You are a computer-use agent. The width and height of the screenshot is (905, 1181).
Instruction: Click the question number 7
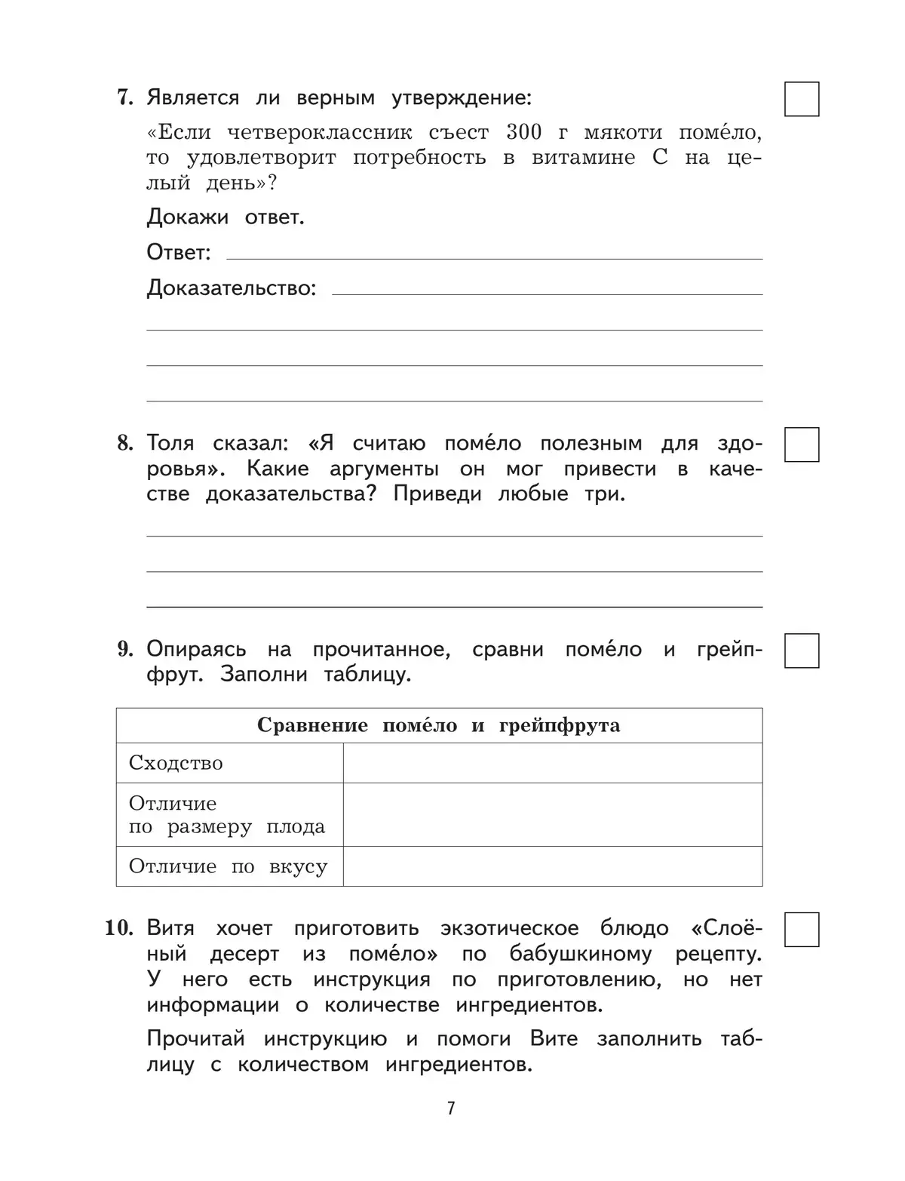(x=124, y=98)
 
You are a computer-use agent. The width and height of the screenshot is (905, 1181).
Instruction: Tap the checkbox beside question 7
(x=801, y=99)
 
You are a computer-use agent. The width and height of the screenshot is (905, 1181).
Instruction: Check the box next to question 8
(x=801, y=444)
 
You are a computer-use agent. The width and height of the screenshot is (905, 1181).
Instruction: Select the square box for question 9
(x=801, y=650)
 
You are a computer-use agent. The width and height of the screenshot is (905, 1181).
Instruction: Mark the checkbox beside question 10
(x=801, y=930)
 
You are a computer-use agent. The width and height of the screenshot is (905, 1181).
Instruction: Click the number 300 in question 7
(x=523, y=132)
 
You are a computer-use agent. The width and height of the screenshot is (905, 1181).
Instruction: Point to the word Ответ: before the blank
(x=179, y=252)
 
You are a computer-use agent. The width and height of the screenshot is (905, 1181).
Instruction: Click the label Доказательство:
(x=231, y=288)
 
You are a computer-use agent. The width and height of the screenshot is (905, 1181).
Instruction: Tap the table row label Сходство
(x=176, y=763)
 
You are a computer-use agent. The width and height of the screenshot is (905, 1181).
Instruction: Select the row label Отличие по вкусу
(x=228, y=866)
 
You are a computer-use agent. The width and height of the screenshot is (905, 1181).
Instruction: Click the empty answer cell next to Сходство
(x=552, y=763)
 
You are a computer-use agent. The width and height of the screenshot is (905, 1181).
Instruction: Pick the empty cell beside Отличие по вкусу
(x=552, y=866)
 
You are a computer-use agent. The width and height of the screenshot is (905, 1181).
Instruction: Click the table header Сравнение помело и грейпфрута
(x=438, y=726)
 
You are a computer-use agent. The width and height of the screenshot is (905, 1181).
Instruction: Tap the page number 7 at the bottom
(x=451, y=1108)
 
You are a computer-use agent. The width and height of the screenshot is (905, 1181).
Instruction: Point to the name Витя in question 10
(x=170, y=928)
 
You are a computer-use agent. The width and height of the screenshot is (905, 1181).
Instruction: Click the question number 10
(x=119, y=928)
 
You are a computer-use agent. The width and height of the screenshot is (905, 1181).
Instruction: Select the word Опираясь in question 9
(x=196, y=650)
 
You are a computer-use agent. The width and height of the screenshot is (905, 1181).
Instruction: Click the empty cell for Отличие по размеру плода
(x=552, y=814)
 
